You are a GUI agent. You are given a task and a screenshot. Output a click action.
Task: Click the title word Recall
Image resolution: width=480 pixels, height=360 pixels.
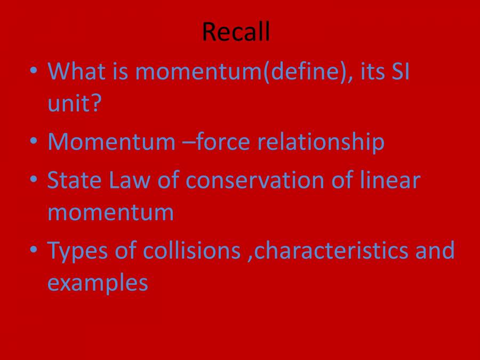point(236,33)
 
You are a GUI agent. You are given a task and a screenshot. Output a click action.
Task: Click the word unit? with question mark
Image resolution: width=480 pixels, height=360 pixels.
point(74,103)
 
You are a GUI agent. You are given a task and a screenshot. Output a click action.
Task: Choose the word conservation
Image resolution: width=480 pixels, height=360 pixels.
point(253,180)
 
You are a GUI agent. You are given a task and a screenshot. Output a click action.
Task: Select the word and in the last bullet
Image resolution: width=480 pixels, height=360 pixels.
point(435,251)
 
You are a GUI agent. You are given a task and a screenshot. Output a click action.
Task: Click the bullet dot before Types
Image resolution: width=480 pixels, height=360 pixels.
point(34,250)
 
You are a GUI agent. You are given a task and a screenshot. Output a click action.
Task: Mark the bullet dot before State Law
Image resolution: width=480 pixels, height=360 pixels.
point(34,179)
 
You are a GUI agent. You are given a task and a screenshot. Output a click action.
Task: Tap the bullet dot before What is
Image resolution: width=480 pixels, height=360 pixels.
point(34,70)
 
